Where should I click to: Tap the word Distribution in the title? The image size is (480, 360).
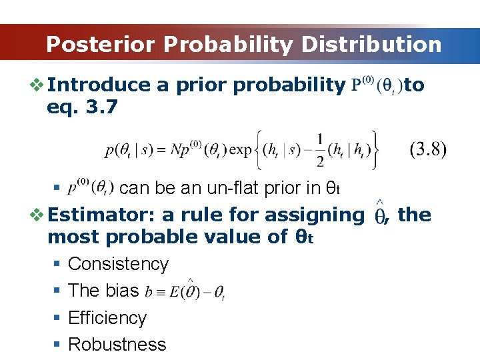click(371, 45)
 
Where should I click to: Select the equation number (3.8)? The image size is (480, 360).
click(427, 149)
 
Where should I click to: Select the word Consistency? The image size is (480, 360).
click(119, 264)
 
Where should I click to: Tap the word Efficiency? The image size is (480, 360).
click(107, 318)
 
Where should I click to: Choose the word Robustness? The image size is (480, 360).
click(117, 345)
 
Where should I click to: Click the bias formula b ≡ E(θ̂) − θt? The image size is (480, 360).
click(185, 291)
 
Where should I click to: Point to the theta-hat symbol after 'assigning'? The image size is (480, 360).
click(379, 215)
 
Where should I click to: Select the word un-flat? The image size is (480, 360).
click(201, 188)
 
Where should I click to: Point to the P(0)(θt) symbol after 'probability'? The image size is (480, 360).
click(376, 85)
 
